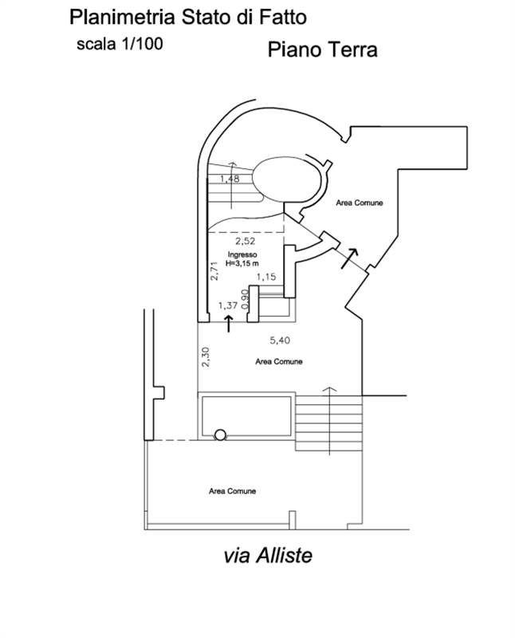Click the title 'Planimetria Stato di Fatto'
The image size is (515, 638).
[x=187, y=16]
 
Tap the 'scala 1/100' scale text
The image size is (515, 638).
[x=119, y=44]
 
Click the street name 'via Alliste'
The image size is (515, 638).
[x=268, y=555]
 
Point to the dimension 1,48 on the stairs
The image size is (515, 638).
[x=229, y=179]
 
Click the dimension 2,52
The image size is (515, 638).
[x=244, y=240]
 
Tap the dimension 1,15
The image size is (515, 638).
[x=265, y=277]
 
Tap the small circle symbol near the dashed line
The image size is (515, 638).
[x=221, y=435]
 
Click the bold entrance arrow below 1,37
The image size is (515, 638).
[x=229, y=323]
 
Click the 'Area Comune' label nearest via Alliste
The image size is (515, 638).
[x=233, y=491]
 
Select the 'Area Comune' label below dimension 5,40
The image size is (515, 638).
[x=278, y=361]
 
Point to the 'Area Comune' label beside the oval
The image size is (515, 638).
[x=359, y=203]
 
